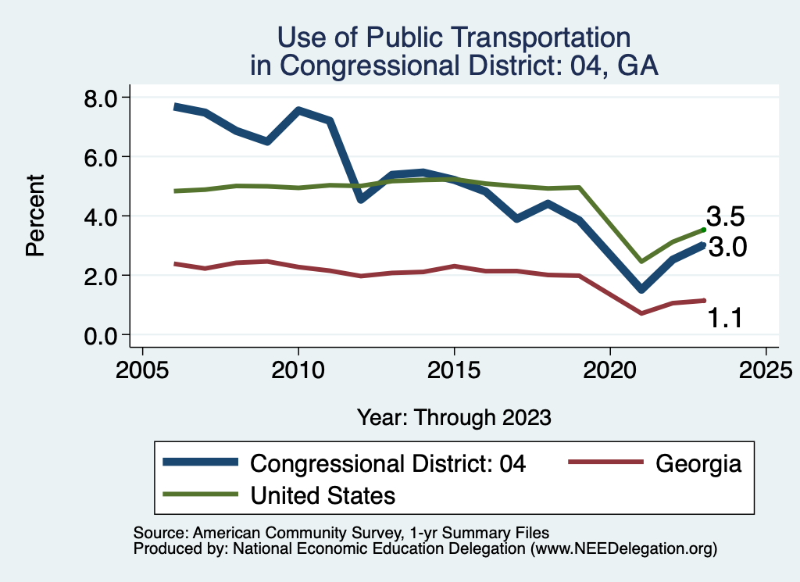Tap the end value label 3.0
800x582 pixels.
click(727, 248)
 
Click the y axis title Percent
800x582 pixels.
click(34, 216)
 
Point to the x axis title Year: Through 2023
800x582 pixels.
click(454, 417)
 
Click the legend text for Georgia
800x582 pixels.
click(698, 463)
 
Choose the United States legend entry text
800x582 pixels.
click(323, 495)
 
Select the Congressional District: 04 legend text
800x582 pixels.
click(387, 463)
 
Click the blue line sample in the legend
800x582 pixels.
click(200, 462)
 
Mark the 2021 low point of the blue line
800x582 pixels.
click(641, 289)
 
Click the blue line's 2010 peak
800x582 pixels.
click(298, 110)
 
